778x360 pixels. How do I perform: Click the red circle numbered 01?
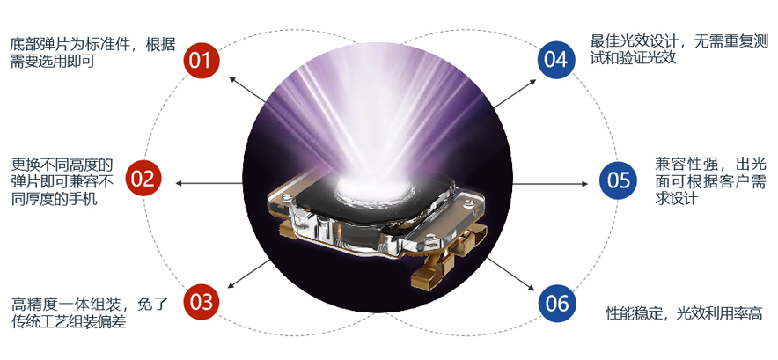coord(202,61)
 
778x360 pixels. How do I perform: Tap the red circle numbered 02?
coord(143,180)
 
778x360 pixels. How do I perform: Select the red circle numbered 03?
coord(202,303)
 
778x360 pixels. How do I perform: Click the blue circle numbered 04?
coord(555,60)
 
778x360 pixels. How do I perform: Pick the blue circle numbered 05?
coord(619,181)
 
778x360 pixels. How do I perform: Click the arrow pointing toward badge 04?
coord(516,90)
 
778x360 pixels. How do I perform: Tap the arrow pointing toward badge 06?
coord(515,273)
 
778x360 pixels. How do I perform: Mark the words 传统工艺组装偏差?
coord(69,322)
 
